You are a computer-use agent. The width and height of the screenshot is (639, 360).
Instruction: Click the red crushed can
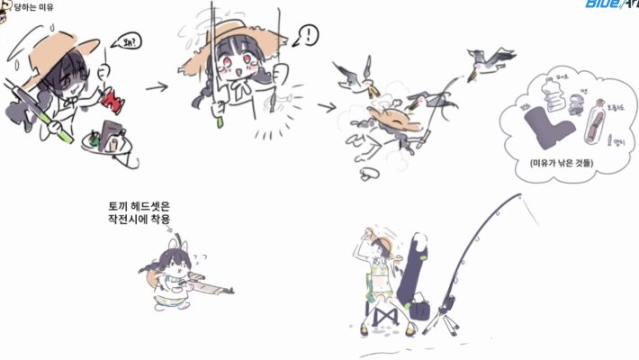[x=113, y=96]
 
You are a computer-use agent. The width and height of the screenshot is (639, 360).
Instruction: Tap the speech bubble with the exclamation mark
[x=308, y=36]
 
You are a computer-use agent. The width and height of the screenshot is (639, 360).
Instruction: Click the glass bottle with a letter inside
[x=592, y=122]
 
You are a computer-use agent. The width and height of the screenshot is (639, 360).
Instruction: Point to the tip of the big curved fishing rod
[x=519, y=194]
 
